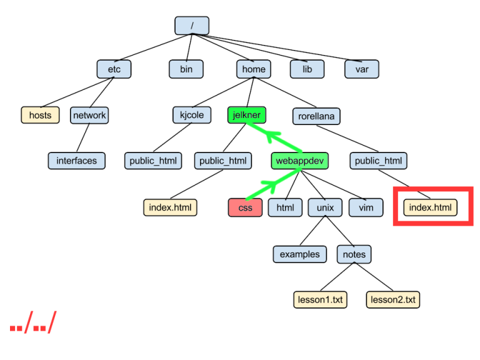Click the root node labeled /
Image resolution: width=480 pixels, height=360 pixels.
click(191, 26)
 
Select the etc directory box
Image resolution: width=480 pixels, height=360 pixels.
click(114, 69)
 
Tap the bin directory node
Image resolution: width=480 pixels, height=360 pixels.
click(186, 69)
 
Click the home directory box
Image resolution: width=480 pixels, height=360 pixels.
click(254, 69)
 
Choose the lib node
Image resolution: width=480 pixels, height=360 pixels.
click(307, 69)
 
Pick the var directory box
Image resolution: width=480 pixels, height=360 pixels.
click(362, 69)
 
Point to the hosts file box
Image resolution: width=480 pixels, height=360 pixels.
click(40, 115)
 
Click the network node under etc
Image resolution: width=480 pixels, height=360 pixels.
click(89, 115)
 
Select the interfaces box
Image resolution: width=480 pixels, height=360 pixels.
click(77, 161)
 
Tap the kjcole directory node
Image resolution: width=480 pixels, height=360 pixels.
click(192, 115)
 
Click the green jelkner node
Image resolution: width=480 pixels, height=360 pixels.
click(246, 114)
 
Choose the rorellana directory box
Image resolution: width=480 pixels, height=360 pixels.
click(316, 116)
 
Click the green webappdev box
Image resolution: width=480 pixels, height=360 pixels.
click(300, 161)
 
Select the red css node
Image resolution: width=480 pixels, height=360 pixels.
click(246, 207)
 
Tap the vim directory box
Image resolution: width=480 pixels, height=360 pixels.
click(366, 207)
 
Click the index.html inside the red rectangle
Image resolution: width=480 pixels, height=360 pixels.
click(430, 207)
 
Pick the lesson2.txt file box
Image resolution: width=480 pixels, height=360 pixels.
click(393, 299)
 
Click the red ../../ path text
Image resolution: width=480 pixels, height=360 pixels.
click(33, 322)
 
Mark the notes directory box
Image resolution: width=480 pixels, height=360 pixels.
click(354, 254)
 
